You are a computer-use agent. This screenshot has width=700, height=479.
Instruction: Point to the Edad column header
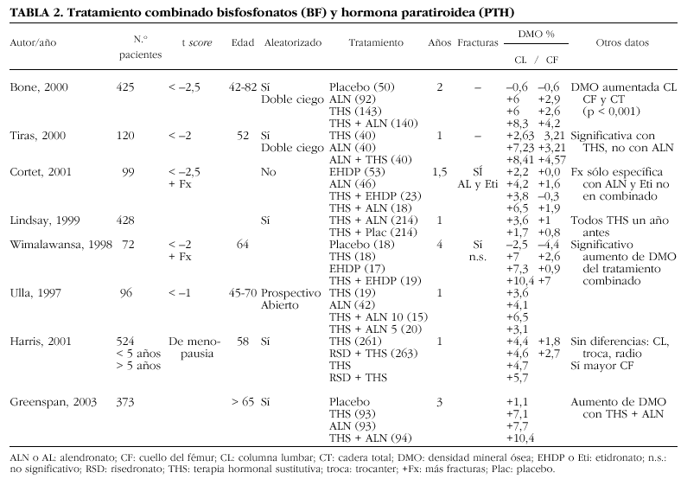coord(243,42)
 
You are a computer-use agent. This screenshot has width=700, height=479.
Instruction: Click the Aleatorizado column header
coord(292,42)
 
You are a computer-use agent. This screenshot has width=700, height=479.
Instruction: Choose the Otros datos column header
coord(622,42)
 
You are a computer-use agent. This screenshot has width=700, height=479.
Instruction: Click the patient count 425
coord(125,87)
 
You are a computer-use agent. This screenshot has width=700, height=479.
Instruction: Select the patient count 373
coord(125,402)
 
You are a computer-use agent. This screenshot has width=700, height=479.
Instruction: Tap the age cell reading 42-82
coord(239,87)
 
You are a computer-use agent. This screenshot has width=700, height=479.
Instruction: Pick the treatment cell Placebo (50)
coord(361,87)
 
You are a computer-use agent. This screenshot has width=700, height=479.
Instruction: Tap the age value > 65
coord(242,402)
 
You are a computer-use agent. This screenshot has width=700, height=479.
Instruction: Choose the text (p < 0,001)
coord(614,112)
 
